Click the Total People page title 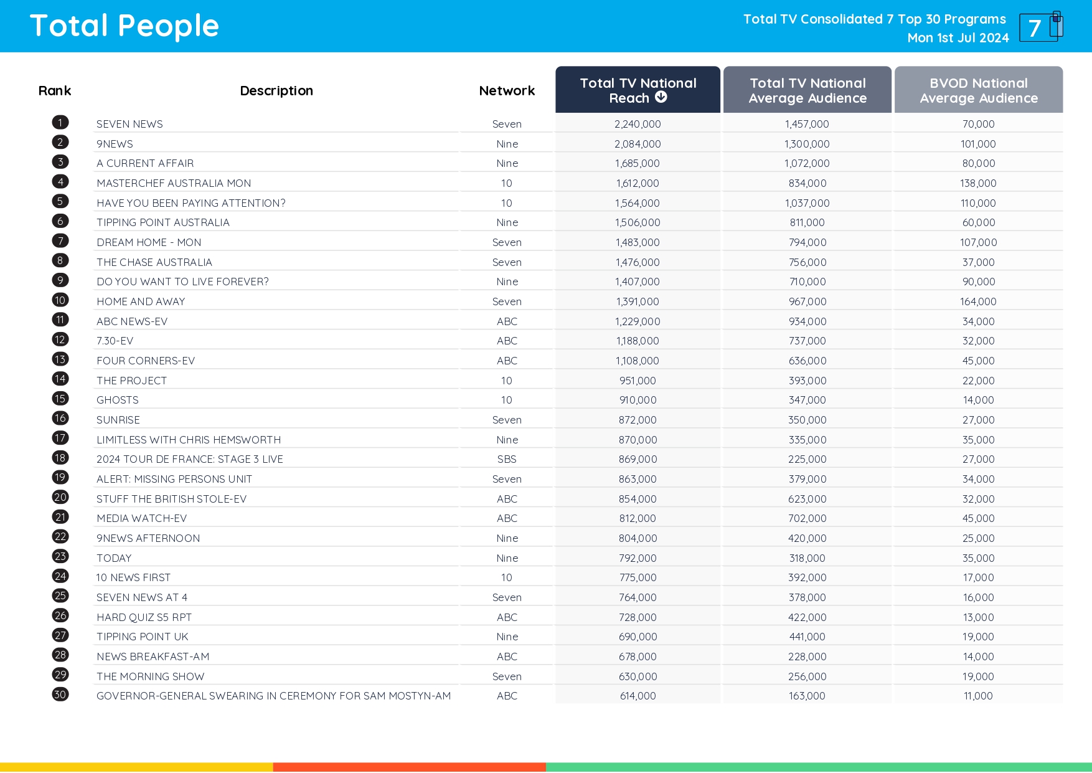125,26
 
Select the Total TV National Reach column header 638,90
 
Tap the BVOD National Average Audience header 978,90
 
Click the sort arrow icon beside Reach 661,97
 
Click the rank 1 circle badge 60,123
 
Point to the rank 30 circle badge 60,695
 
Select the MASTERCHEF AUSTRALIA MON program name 174,183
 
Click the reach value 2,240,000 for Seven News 638,124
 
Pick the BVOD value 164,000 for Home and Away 978,301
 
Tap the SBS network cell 507,459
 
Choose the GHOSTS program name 118,400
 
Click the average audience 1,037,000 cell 807,203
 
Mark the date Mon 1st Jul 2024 958,38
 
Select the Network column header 507,91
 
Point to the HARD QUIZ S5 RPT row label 144,617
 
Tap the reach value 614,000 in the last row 638,696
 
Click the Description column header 276,91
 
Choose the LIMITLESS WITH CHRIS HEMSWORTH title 189,440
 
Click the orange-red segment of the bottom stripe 409,767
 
